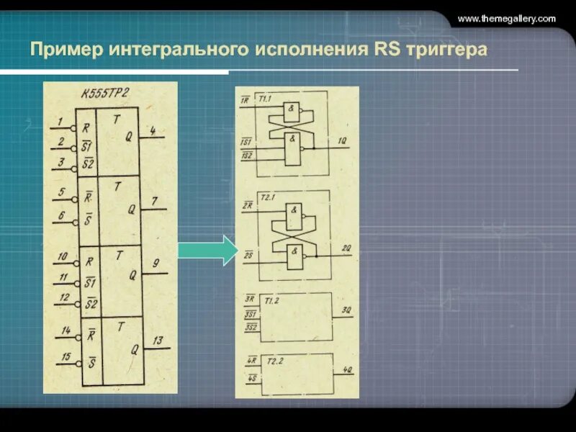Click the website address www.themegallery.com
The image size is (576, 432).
(506, 19)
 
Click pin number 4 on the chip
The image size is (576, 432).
(153, 130)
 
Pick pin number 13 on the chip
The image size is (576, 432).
(158, 340)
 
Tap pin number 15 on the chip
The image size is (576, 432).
(66, 356)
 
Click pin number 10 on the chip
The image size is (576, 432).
(63, 256)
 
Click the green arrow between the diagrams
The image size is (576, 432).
(207, 249)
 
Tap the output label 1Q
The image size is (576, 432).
(343, 141)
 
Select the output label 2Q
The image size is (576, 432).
(346, 248)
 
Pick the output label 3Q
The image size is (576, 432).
(346, 311)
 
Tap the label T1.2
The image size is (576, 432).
(271, 300)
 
